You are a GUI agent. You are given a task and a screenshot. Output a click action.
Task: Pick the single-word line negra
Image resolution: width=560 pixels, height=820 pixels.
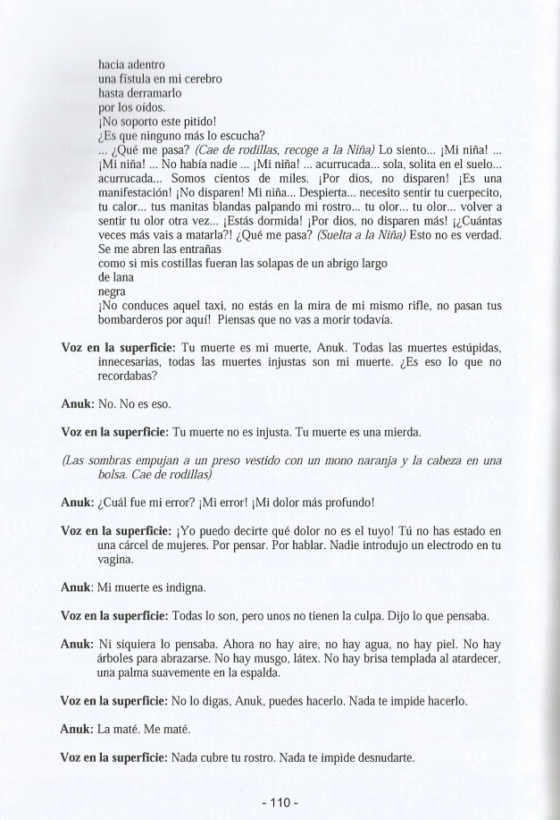click(113, 292)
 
